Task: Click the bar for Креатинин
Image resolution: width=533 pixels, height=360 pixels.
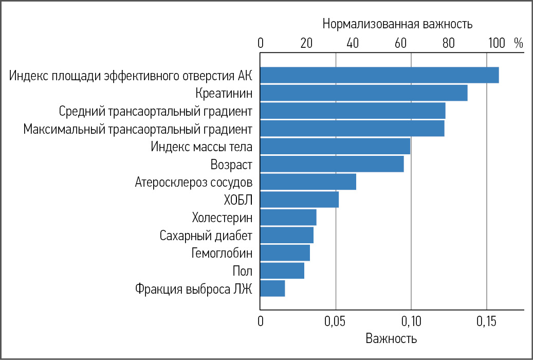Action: pyautogui.click(x=364, y=93)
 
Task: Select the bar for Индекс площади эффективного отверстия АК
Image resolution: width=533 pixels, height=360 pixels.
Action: pyautogui.click(x=379, y=75)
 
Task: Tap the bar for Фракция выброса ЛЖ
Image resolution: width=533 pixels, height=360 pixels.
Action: pyautogui.click(x=272, y=289)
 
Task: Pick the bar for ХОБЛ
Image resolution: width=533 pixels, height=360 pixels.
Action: pyautogui.click(x=299, y=200)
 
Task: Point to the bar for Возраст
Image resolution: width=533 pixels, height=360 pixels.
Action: pyautogui.click(x=332, y=164)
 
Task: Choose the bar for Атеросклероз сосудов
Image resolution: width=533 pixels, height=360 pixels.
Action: pyautogui.click(x=308, y=182)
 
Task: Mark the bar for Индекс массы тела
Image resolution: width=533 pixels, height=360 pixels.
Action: pyautogui.click(x=335, y=147)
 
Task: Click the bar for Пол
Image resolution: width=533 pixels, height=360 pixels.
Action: pyautogui.click(x=282, y=271)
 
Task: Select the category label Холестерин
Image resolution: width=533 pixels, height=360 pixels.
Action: pyautogui.click(x=222, y=218)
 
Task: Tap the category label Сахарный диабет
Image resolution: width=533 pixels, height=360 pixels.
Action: pyautogui.click(x=206, y=236)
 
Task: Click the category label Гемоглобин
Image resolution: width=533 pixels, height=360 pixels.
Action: pyautogui.click(x=222, y=253)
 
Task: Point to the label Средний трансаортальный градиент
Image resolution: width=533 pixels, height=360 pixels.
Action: pyautogui.click(x=156, y=111)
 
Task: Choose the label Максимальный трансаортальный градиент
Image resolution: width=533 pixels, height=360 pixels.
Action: pyautogui.click(x=138, y=129)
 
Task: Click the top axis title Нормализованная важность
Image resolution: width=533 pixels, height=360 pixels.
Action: pyautogui.click(x=397, y=24)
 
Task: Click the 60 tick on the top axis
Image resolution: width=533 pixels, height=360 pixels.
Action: pyautogui.click(x=401, y=43)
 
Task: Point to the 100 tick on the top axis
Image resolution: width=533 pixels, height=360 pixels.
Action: pyautogui.click(x=497, y=43)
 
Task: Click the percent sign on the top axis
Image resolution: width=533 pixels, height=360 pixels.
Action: pyautogui.click(x=518, y=43)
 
